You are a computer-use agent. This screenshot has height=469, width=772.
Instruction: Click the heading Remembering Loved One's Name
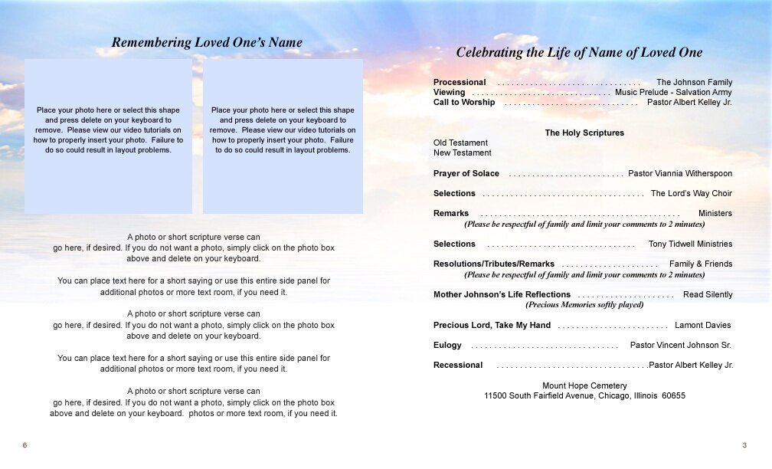coord(207,43)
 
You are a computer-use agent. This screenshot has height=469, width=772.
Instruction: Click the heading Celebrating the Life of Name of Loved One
coord(579,53)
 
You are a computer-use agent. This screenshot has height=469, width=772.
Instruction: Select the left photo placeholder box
coord(108,136)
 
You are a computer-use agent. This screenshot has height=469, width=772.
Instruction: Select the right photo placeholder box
coord(283,136)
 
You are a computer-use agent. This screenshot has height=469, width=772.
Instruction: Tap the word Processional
coord(460,83)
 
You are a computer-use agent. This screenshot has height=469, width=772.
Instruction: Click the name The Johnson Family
coord(694,83)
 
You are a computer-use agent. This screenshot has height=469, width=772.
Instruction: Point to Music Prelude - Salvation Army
coord(673,93)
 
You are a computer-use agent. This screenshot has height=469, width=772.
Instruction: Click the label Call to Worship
coord(464,103)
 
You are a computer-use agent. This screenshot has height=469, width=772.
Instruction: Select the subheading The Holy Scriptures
coord(584,133)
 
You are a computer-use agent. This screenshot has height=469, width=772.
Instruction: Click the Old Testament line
coord(460,143)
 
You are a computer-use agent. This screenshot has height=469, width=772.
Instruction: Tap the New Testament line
coord(463,153)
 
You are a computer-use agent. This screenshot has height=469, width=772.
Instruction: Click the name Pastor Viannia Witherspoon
coord(680,174)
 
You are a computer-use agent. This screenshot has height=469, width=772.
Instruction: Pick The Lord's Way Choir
coord(692,194)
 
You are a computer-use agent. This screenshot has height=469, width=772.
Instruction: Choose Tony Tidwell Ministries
coord(690,244)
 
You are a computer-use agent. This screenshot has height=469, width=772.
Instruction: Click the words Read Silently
coord(708,295)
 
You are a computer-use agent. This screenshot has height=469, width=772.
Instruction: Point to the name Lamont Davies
coord(703,326)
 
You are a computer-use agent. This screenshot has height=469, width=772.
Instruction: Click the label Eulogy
coord(447,346)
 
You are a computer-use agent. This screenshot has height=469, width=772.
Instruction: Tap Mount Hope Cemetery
coord(584,386)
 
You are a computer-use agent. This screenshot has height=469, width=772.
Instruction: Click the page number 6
coord(25,446)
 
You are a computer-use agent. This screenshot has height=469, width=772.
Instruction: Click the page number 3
coord(744,446)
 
